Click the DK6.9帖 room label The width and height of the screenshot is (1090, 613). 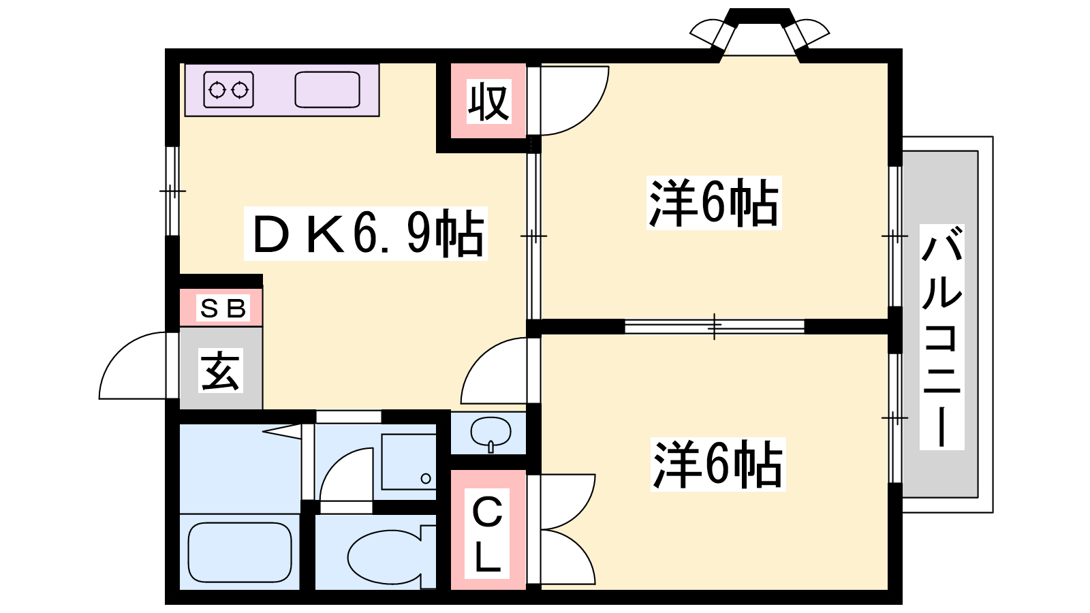[365, 234]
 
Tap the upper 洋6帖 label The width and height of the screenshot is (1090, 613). [714, 202]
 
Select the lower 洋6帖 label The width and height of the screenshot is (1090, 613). [718, 464]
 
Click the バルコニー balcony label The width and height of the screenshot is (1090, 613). [941, 336]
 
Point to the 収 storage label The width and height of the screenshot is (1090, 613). [488, 101]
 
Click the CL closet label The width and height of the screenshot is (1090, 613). [486, 533]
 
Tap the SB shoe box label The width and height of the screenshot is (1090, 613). [223, 307]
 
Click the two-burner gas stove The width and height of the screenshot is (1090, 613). [229, 89]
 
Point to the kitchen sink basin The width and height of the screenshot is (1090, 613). [327, 89]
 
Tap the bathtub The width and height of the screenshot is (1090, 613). [240, 552]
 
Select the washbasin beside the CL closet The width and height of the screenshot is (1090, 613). [490, 433]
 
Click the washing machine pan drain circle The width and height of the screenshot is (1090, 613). [426, 478]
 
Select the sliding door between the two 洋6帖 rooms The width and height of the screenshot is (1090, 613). [715, 326]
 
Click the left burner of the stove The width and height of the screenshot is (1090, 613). [217, 90]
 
